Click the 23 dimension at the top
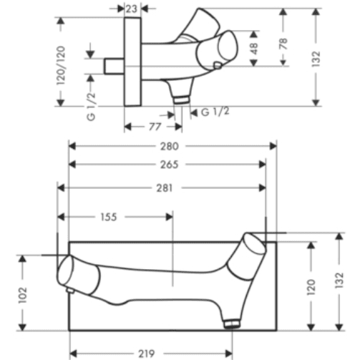coord(132,9)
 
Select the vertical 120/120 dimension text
coord(61,66)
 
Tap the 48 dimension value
coord(254,49)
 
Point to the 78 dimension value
coord(283,44)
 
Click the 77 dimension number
coord(155,127)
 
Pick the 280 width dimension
coord(170,146)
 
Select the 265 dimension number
coord(170,165)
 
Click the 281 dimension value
coord(165,188)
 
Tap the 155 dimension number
coord(109,217)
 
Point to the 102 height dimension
coord(23,296)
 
